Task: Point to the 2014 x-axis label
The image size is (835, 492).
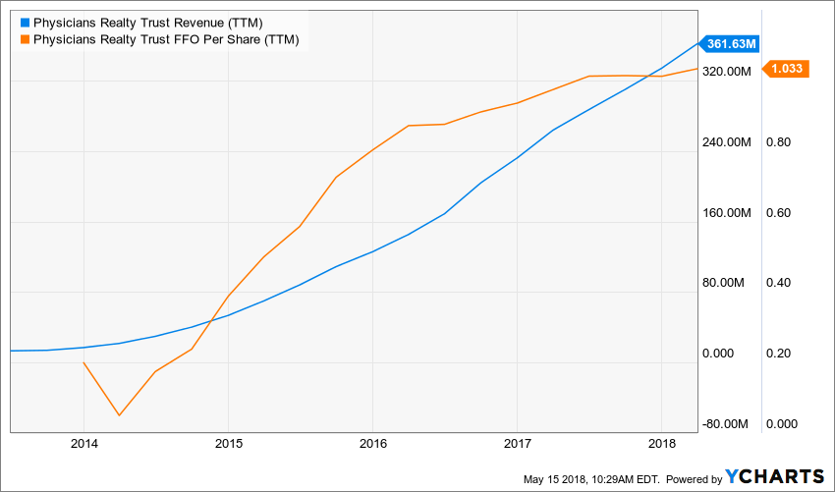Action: pyautogui.click(x=83, y=444)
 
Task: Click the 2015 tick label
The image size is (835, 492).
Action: pyautogui.click(x=228, y=444)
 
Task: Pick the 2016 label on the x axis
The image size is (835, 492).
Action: pyautogui.click(x=372, y=444)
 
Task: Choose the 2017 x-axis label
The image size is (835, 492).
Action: pyautogui.click(x=517, y=444)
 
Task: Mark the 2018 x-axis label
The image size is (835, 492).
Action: pyautogui.click(x=661, y=444)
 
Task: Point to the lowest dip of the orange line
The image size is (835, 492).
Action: pyautogui.click(x=120, y=414)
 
